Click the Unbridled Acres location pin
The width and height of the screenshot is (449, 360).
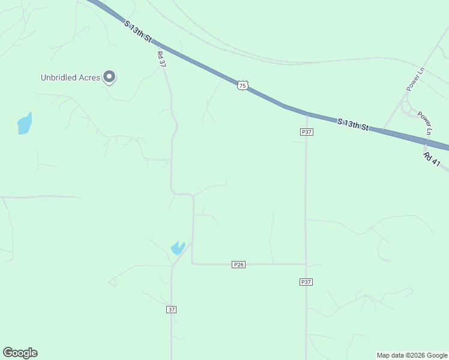click(109, 76)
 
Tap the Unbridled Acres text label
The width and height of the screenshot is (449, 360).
click(70, 77)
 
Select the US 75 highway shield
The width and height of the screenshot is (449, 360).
click(242, 86)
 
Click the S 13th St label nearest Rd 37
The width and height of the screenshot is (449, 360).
click(137, 31)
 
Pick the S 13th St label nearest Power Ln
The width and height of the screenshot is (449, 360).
click(352, 125)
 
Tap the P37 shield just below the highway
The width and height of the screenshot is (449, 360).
click(306, 131)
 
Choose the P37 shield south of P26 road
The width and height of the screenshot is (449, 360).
click(306, 281)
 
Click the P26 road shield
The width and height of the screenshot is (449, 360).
click(238, 265)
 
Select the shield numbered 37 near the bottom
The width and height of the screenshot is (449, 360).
click(172, 310)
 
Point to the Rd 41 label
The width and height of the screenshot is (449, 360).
click(432, 160)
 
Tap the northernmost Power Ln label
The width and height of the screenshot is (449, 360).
click(415, 79)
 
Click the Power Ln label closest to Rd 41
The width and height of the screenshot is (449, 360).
click(424, 122)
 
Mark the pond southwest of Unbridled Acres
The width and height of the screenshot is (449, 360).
click(24, 124)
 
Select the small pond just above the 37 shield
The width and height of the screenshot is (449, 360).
click(177, 247)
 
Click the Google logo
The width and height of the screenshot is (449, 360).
click(20, 353)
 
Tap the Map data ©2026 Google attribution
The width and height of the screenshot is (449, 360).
click(412, 355)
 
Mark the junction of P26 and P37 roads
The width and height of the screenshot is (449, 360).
click(306, 264)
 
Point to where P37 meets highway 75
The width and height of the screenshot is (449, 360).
click(306, 114)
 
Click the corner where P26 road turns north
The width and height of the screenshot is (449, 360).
click(192, 263)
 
